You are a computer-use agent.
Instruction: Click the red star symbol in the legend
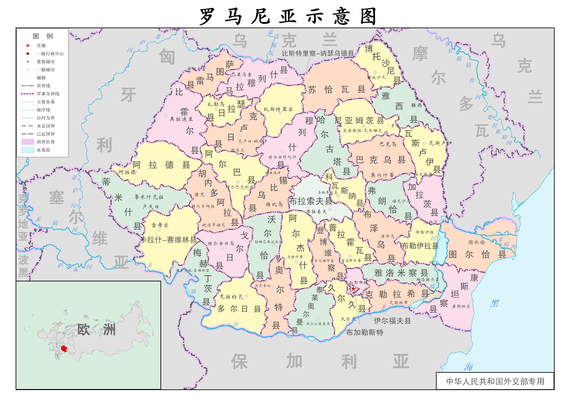(x=28, y=46)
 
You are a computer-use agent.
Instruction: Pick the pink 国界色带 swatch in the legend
(x=28, y=142)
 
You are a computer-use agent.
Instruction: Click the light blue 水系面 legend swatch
(x=28, y=150)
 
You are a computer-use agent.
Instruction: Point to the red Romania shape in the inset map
(x=64, y=349)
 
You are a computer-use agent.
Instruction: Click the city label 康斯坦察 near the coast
(x=461, y=306)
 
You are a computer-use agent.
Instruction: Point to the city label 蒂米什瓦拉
(x=149, y=197)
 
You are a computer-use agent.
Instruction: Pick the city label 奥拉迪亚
(x=181, y=119)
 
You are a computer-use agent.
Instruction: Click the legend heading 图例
(x=43, y=36)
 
